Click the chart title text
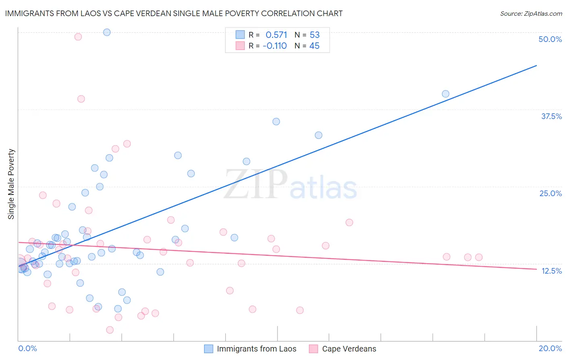click(174, 13)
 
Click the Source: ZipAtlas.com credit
click(531, 13)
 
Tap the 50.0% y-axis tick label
click(550, 39)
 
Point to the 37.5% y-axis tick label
click(551, 116)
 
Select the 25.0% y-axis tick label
click(550, 193)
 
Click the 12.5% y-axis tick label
click(551, 271)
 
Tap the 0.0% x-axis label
click(27, 348)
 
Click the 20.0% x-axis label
click(550, 348)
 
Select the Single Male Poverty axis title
click(11, 184)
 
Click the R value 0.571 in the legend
click(276, 35)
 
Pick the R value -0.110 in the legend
click(275, 46)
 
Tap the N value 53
click(315, 35)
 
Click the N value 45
click(315, 46)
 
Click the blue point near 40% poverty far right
click(446, 94)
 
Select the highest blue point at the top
click(107, 32)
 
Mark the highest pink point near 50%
click(78, 37)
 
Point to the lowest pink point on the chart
click(110, 330)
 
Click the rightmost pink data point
click(479, 257)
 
